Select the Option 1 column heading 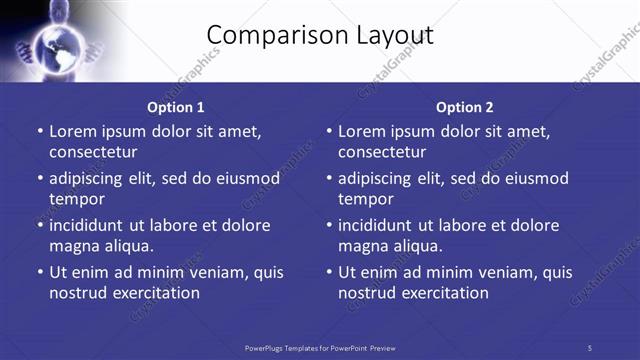(x=176, y=107)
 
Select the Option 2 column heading (x=465, y=107)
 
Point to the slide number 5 (x=590, y=348)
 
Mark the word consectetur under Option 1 (x=93, y=152)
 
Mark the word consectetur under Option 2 (x=382, y=152)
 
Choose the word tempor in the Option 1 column (x=76, y=199)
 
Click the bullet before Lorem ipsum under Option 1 (x=39, y=131)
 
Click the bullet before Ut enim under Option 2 (x=328, y=272)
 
